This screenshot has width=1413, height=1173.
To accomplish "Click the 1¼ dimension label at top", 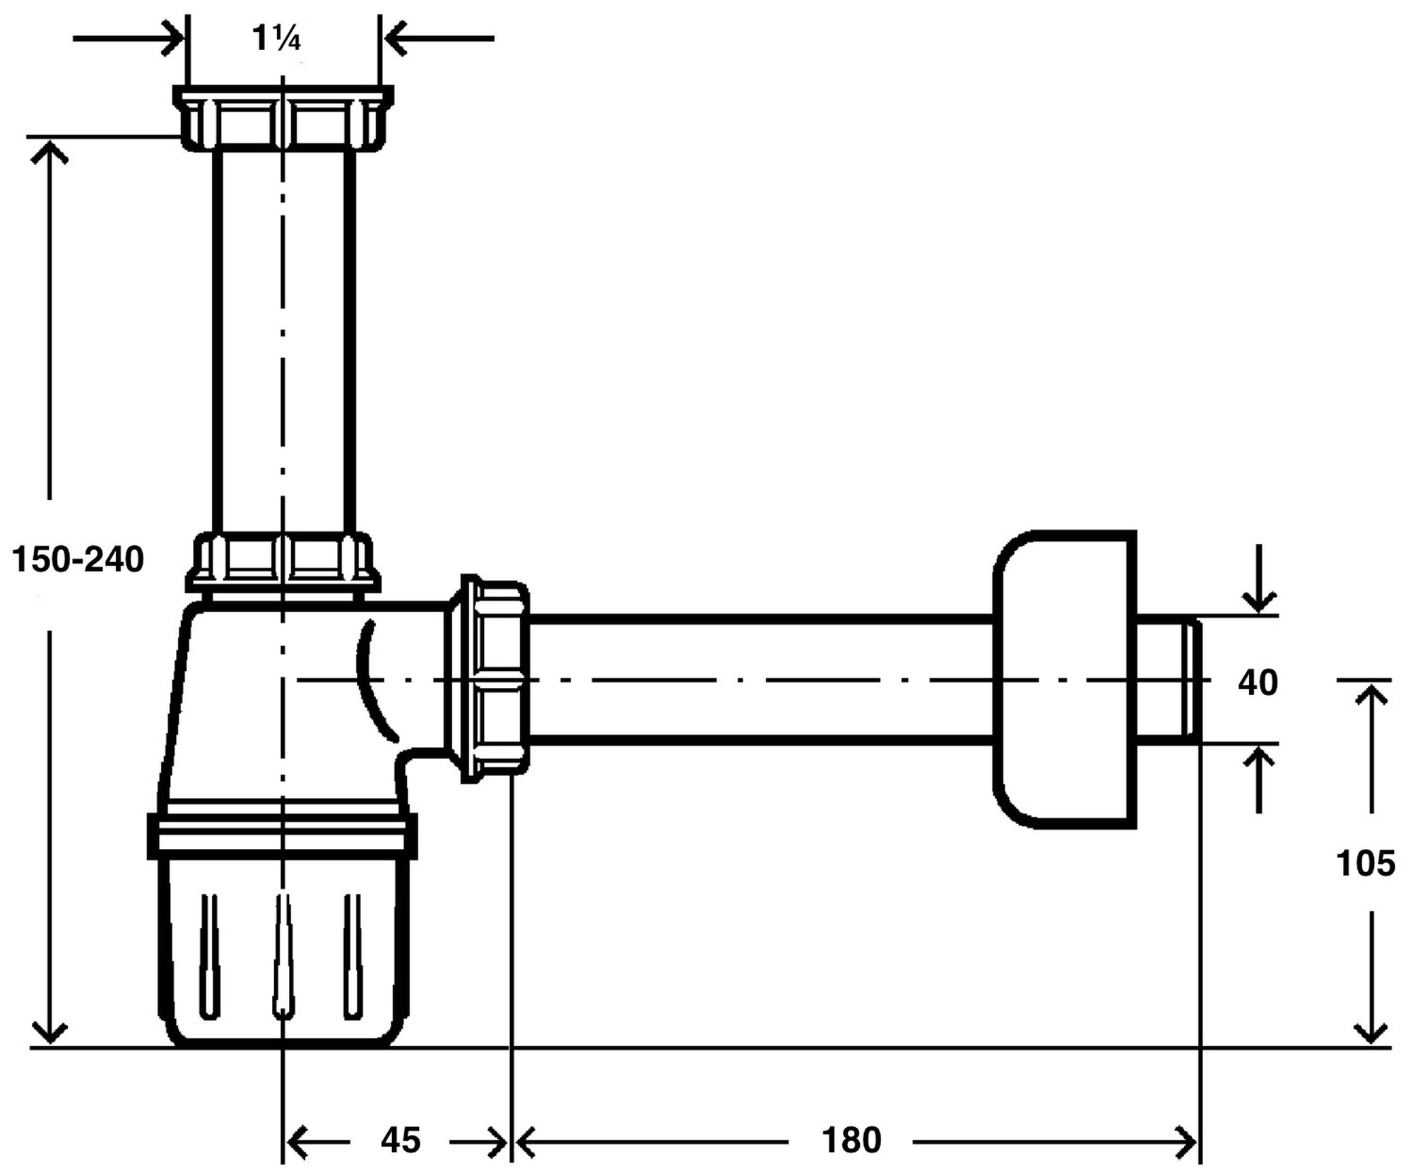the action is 276,38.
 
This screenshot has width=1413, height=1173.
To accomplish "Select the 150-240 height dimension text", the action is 78,560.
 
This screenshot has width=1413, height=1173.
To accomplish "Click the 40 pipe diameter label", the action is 1258,683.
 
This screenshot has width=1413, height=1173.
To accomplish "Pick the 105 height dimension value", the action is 1366,864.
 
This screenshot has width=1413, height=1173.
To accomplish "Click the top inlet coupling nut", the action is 283,118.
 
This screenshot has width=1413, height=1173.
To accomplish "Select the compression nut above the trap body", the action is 283,563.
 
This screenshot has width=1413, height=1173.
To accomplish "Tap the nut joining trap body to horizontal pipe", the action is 495,679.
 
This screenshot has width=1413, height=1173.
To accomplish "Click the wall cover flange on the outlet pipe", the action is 1065,679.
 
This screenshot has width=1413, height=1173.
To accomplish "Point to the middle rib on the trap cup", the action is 283,957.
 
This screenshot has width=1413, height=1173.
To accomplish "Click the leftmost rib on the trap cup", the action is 210,957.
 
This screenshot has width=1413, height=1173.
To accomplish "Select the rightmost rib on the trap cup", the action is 353,957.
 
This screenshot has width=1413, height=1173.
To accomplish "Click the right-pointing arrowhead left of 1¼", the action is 173,38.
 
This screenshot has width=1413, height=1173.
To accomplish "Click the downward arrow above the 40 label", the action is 1259,579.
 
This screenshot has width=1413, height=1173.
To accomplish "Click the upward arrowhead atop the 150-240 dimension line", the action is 49,151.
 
